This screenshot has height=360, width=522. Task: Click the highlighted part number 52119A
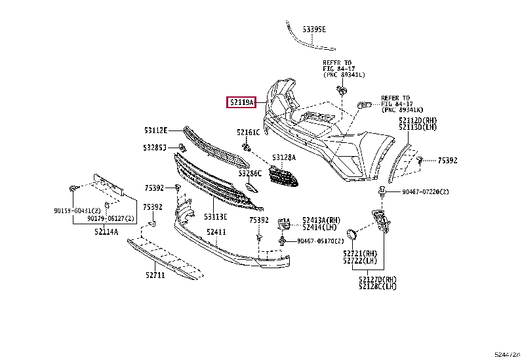click(x=241, y=102)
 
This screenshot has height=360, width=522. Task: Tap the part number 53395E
click(x=314, y=30)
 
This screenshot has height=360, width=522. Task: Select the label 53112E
click(x=156, y=130)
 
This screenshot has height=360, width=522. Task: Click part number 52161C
click(x=249, y=132)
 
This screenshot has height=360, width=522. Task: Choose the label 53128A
click(x=284, y=158)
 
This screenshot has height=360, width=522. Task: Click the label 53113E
click(x=215, y=216)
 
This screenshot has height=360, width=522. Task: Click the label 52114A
click(x=106, y=231)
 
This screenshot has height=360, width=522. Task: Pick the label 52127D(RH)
click(x=378, y=279)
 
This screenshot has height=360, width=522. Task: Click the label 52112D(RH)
click(x=417, y=121)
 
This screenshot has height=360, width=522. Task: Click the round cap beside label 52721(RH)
click(x=353, y=233)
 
